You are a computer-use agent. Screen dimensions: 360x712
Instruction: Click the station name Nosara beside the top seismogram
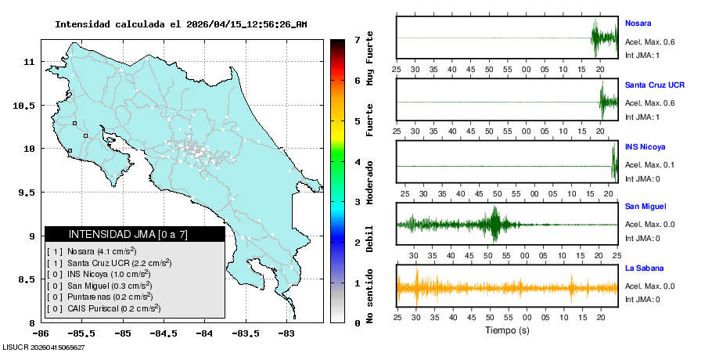[638, 23]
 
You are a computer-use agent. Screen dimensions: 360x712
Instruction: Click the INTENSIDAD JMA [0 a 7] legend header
[128, 234]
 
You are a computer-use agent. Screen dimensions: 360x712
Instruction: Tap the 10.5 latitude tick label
[25, 105]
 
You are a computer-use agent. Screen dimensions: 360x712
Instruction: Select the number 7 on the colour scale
[357, 39]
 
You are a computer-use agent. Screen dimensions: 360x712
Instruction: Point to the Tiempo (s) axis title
[507, 330]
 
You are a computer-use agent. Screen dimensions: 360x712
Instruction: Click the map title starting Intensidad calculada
[181, 24]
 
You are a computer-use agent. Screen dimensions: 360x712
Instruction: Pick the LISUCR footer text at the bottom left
[44, 347]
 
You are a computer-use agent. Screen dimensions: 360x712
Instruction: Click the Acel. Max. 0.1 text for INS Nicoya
[649, 165]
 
